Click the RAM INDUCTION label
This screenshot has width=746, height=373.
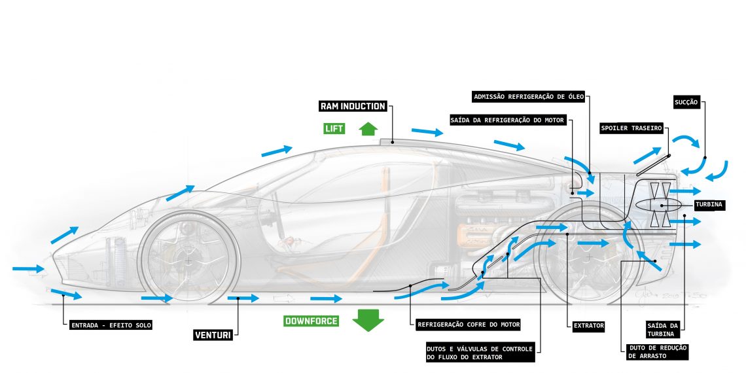pos(353,106)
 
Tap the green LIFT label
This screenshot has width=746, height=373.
pos(334,128)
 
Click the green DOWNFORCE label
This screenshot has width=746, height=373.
pos(311,321)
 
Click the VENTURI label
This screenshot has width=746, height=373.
pos(213,336)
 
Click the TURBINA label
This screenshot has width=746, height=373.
pos(709,204)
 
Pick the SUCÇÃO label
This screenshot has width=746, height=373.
pos(686,102)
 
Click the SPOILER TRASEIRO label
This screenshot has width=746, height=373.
pos(631,128)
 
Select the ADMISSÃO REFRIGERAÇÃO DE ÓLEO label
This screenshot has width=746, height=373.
pos(533,98)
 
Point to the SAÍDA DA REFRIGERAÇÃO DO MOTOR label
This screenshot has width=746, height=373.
pos(507,120)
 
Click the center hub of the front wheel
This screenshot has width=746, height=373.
pos(190,261)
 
